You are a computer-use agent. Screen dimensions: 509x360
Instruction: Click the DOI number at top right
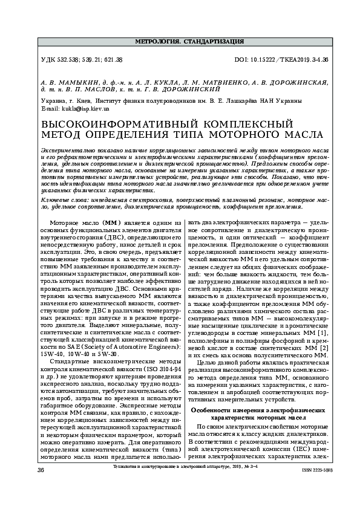pos(281,60)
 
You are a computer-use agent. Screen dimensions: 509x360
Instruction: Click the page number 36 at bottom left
pos(41,469)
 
